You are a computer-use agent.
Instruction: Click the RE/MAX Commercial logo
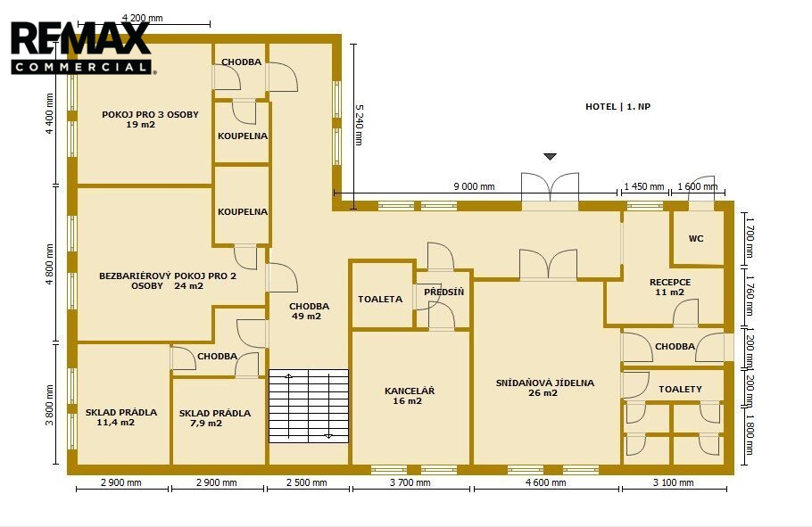tap(81, 47)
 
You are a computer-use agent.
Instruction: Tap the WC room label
tap(696, 239)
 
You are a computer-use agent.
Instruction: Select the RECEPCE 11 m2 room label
tap(670, 287)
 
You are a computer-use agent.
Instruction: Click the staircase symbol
tap(309, 406)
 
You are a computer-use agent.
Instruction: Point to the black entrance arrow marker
tap(550, 156)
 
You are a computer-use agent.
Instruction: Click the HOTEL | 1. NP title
tap(617, 107)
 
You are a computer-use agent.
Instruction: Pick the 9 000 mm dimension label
tap(474, 187)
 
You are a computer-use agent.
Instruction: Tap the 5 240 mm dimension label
tap(359, 125)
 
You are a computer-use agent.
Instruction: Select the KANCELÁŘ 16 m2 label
tap(409, 396)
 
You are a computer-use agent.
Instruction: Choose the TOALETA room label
tap(380, 300)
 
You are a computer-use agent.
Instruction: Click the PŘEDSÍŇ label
tap(443, 292)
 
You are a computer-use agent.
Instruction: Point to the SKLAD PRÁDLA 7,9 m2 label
tap(214, 418)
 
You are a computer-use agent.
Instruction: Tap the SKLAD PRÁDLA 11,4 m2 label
tap(120, 417)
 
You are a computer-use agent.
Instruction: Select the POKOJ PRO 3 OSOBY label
tap(150, 114)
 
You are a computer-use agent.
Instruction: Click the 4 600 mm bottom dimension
tap(546, 483)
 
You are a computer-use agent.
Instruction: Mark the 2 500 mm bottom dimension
tap(307, 483)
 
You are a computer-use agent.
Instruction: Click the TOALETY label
tap(680, 390)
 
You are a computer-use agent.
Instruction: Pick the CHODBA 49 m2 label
tap(309, 311)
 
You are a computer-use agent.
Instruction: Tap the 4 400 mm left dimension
tap(50, 114)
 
